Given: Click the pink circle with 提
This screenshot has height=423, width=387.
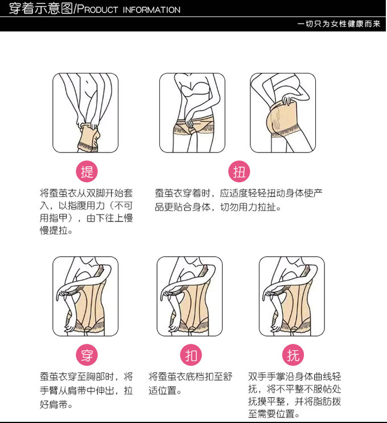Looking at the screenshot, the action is point(87,171).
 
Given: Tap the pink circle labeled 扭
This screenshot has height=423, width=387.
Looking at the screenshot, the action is point(239,171).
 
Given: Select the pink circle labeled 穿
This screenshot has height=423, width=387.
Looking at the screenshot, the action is point(87,355).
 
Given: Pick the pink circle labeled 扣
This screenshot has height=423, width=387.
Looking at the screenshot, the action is point(191,355).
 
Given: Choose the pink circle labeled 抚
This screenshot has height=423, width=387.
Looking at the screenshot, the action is point(293,355).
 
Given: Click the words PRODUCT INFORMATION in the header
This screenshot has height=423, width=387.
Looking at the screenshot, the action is point(129,10).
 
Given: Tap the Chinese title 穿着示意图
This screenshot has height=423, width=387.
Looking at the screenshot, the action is point(41,9).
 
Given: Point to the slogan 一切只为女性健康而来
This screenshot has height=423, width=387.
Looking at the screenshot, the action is point(339,24).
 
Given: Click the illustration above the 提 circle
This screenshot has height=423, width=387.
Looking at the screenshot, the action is point(85,113).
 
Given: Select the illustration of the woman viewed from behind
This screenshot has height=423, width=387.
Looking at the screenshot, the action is point(283,113).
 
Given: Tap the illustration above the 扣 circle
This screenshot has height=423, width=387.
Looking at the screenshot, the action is point(190,296).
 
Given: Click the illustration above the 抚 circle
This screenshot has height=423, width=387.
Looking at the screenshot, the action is point(292,296).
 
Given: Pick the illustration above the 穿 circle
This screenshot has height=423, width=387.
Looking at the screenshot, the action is point(85,296).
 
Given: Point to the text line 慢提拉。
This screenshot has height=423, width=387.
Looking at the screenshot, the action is point(56,231).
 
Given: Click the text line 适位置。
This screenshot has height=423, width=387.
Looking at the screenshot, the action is point(164,391).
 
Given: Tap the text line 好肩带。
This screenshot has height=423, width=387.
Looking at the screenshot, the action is point(56,405).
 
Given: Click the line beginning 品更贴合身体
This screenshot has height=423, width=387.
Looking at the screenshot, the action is point(218,207).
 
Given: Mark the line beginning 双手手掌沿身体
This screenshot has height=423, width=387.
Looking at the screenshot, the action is point(294,376).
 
